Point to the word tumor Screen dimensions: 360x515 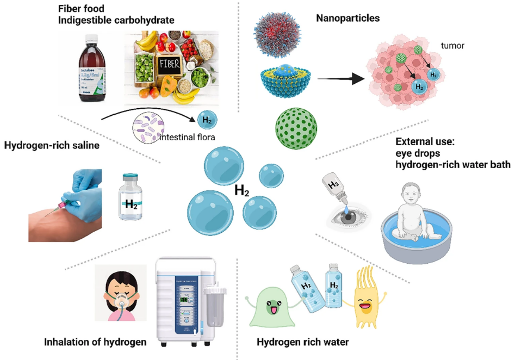click(453, 46)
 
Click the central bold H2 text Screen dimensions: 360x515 click(242, 191)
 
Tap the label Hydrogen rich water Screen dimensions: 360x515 click(302, 342)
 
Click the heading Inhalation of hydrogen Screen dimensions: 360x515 click(96, 342)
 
